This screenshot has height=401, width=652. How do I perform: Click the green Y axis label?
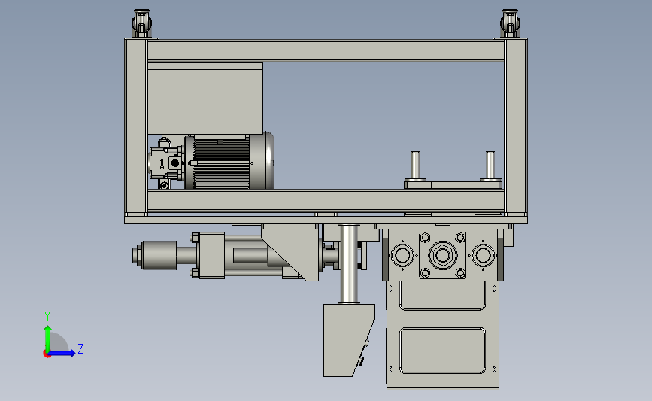pos(47,317)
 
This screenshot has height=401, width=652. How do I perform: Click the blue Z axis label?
pos(80,348)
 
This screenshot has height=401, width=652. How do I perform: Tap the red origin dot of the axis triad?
pos(47,354)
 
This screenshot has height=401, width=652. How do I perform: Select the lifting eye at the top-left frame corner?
pos(141,23)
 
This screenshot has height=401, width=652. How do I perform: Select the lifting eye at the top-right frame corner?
pos(510,23)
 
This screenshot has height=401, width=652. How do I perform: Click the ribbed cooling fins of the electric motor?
pos(221,163)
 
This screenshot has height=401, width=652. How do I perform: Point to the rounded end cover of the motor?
pos(262,160)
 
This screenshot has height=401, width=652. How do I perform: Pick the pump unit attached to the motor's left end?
pos(166,163)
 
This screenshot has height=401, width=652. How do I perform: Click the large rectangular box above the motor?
pos(205,99)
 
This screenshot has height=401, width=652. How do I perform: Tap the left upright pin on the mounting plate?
pos(415,166)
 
